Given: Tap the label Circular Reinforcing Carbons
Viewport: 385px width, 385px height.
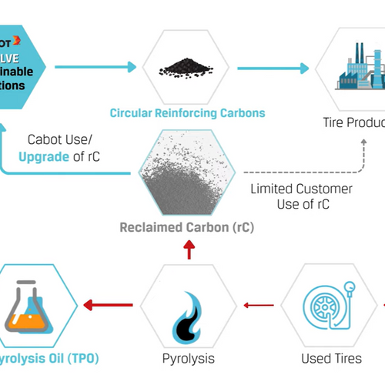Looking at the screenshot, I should point(187,113).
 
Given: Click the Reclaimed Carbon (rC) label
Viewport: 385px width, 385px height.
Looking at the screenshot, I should point(187,228).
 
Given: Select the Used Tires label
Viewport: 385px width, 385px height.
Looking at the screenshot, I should point(331,358).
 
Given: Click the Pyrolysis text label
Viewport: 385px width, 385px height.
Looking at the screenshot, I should point(187,358).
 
